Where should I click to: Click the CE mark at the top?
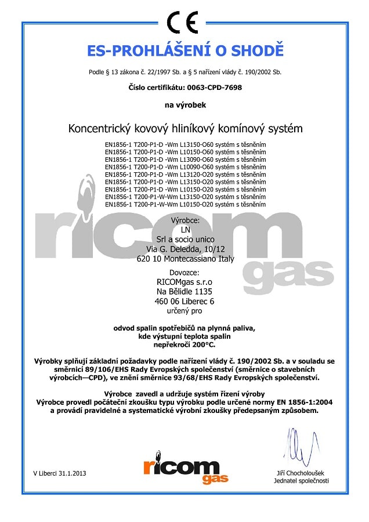pos(185,24)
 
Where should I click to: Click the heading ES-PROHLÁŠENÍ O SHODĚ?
pos(185,50)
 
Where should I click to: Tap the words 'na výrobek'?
pos(185,105)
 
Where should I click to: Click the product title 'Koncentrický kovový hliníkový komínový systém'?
pos(185,128)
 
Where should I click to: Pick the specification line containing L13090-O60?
pos(185,159)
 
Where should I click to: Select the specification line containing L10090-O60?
pos(185,166)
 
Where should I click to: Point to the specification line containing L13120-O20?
pos(185,174)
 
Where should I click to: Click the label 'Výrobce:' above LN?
pos(185,221)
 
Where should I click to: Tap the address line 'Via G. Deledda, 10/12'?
pos(185,249)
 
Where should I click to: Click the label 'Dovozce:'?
pos(185,272)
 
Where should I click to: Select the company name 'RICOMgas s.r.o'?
pos(185,282)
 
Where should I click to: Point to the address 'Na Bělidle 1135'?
pos(185,292)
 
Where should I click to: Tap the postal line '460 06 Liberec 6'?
pos(185,302)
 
